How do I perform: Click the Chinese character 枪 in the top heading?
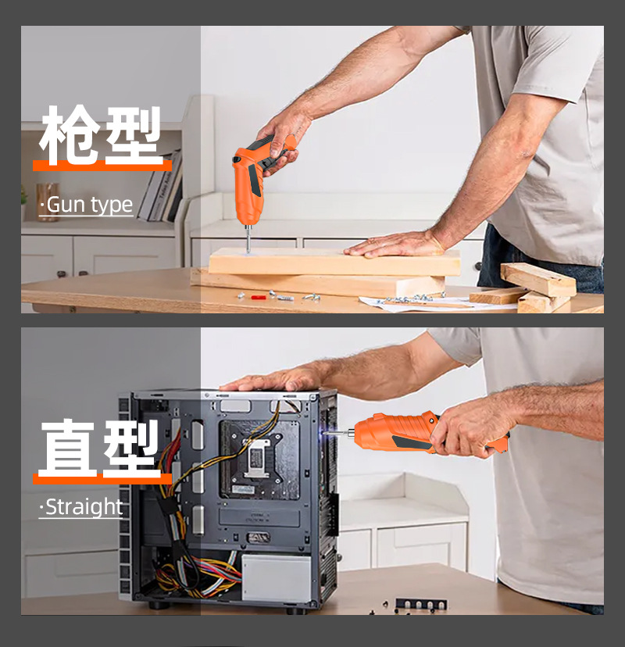[x=69, y=134]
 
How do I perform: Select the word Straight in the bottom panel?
[x=84, y=506]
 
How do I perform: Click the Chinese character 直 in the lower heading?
[x=69, y=448]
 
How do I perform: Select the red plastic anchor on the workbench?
[x=259, y=297]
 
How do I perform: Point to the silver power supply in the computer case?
[x=277, y=577]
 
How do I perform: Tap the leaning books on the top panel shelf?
[x=161, y=187]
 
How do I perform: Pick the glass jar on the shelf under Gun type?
[x=47, y=202]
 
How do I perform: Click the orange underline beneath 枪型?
[x=102, y=166]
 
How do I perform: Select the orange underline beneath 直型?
[x=102, y=479]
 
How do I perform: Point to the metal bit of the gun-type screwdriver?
[x=248, y=239]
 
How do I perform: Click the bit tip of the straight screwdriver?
[x=324, y=433]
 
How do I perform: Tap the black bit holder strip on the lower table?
[x=421, y=604]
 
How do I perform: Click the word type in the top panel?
[x=112, y=206]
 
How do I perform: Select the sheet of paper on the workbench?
[x=437, y=303]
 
